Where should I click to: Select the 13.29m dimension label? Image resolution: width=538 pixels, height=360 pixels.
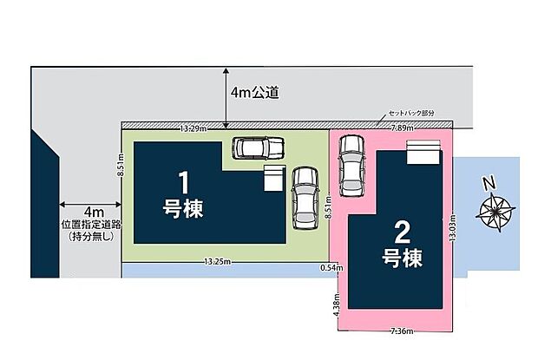pos(192,128)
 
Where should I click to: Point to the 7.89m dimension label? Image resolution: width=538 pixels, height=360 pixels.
pos(401,128)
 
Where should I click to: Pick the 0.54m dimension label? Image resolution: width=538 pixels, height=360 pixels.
pos(330,268)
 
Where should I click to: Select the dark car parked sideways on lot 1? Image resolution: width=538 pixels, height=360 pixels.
pos(259,147)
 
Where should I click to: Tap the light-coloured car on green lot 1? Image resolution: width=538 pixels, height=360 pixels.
pos(305,197)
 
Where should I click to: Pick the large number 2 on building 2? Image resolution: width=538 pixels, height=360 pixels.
pos(402,232)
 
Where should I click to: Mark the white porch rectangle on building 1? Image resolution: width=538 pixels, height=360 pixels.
pos(273,179)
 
